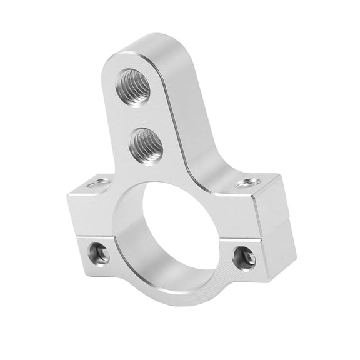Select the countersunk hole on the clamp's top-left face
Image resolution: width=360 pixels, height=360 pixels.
click(x=97, y=183)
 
